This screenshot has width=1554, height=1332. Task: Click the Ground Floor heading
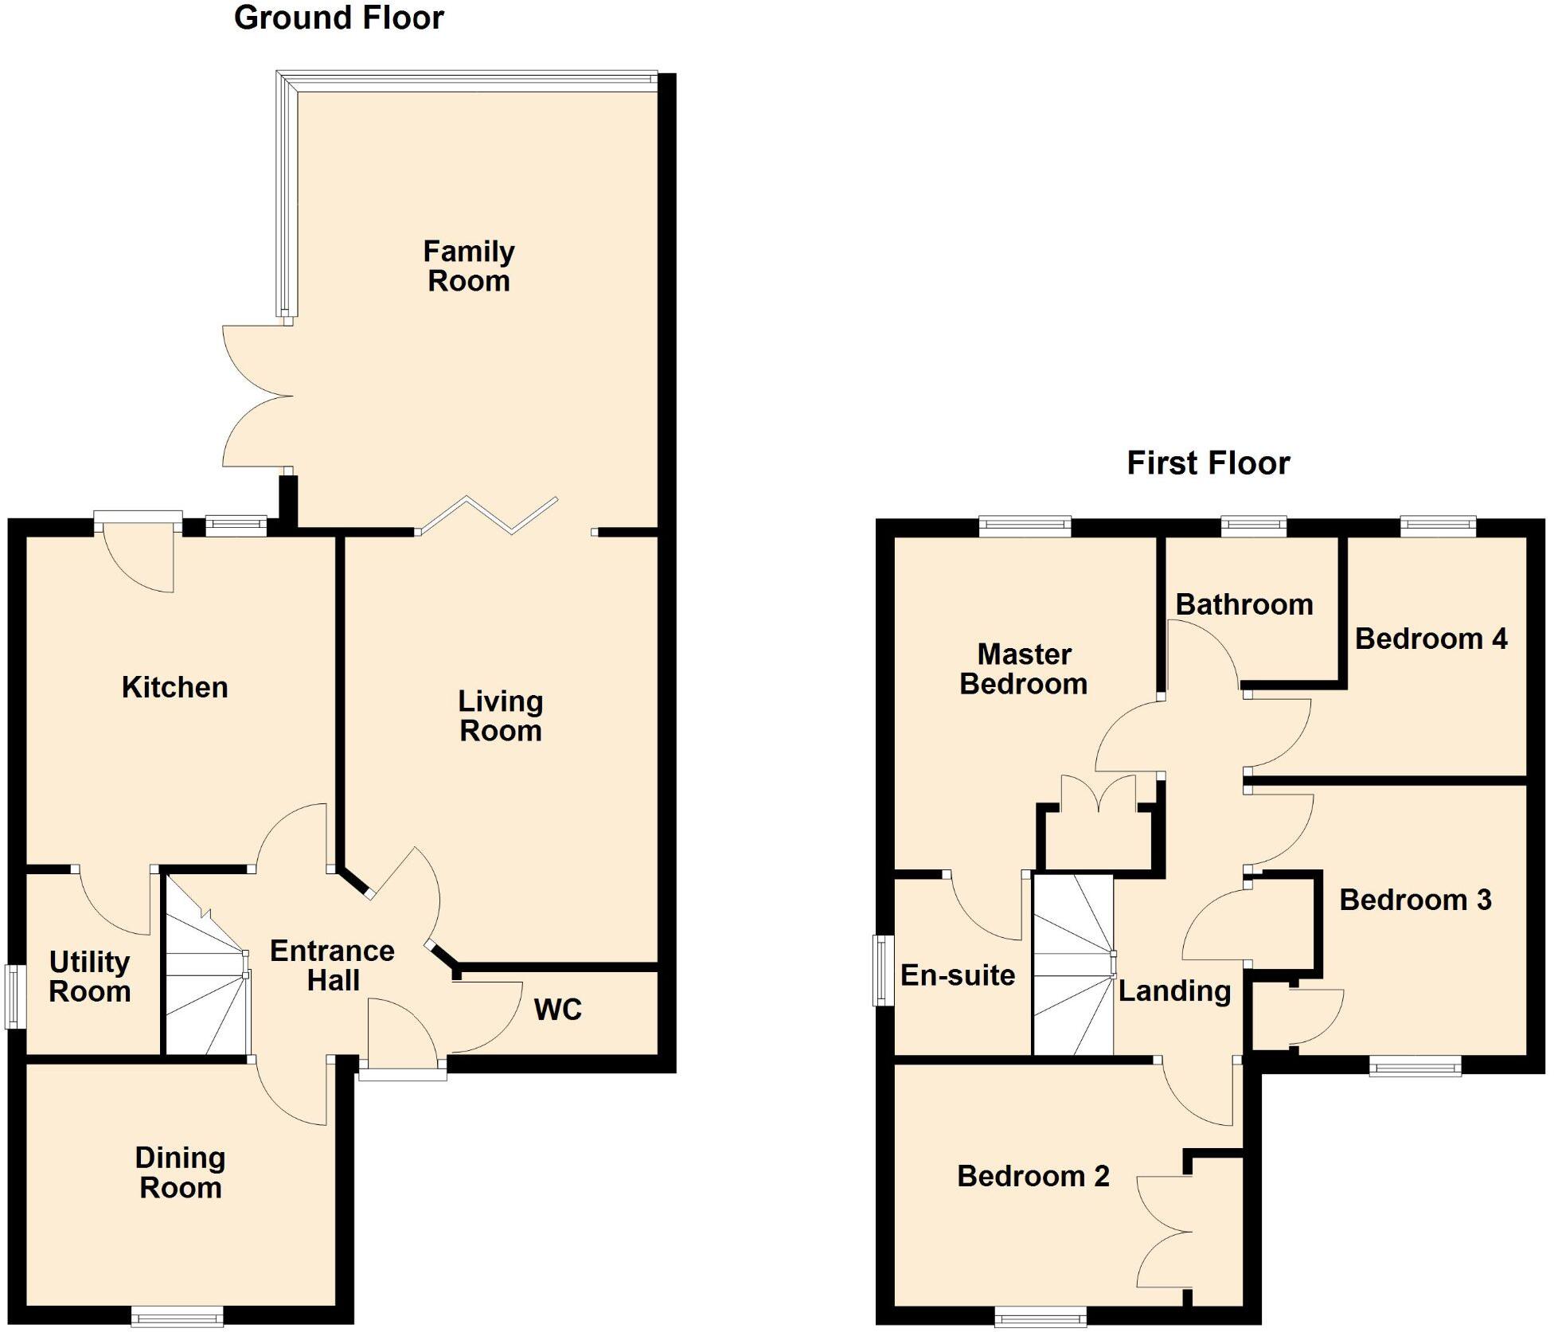click(x=338, y=18)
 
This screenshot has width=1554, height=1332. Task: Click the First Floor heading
click(x=1208, y=463)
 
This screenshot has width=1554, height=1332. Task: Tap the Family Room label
click(x=469, y=266)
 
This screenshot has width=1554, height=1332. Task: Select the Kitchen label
click(x=175, y=687)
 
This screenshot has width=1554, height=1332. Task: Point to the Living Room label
click(x=501, y=716)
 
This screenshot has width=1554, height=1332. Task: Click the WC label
click(x=558, y=1010)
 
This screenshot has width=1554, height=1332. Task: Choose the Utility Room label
click(x=90, y=977)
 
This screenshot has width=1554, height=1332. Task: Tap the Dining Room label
click(x=181, y=1172)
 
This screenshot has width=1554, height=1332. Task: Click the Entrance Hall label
click(x=333, y=965)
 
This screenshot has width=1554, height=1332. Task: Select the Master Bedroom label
click(x=1024, y=669)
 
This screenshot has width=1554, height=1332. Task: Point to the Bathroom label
click(x=1244, y=604)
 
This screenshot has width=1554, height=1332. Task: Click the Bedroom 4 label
click(x=1431, y=639)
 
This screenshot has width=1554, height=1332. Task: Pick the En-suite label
click(x=958, y=975)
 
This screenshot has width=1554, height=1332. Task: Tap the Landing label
click(x=1175, y=991)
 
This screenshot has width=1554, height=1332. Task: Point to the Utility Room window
click(x=14, y=995)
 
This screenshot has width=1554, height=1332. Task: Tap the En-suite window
click(x=883, y=970)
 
